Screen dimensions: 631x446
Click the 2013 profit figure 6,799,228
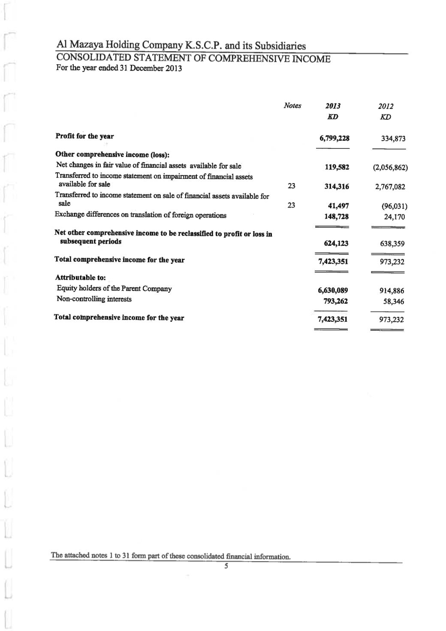334,138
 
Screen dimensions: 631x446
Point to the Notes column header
292,106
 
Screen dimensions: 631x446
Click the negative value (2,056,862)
390,167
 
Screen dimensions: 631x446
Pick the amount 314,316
336,187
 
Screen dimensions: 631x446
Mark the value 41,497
338,206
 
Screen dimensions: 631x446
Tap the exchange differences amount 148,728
336,217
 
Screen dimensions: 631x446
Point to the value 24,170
394,217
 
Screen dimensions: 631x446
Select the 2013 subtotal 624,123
336,244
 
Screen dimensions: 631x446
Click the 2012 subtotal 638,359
392,244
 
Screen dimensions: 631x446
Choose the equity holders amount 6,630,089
332,291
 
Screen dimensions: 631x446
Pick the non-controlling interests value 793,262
336,301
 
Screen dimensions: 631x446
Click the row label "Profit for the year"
84,136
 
